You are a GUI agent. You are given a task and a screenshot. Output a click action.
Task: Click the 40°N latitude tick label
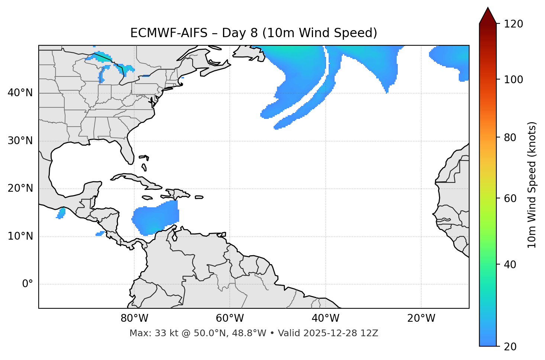pyautogui.click(x=20, y=93)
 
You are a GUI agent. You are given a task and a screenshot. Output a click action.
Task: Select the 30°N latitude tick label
pyautogui.click(x=20, y=141)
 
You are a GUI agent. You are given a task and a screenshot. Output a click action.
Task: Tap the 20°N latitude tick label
pyautogui.click(x=20, y=188)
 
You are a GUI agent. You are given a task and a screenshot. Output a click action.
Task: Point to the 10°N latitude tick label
pyautogui.click(x=20, y=236)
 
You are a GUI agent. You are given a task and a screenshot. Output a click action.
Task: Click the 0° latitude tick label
pyautogui.click(x=28, y=284)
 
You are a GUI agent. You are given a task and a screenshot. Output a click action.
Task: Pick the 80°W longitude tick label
pyautogui.click(x=134, y=318)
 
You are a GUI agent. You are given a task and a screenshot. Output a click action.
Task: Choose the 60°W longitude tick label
pyautogui.click(x=230, y=318)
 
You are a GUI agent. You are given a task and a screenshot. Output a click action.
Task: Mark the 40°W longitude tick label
pyautogui.click(x=325, y=318)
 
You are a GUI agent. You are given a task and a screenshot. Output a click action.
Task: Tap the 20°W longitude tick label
pyautogui.click(x=421, y=318)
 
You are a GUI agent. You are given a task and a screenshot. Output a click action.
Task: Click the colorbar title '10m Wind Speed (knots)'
pyautogui.click(x=532, y=185)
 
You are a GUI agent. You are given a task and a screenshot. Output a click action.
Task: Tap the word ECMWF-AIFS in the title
pyautogui.click(x=169, y=33)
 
